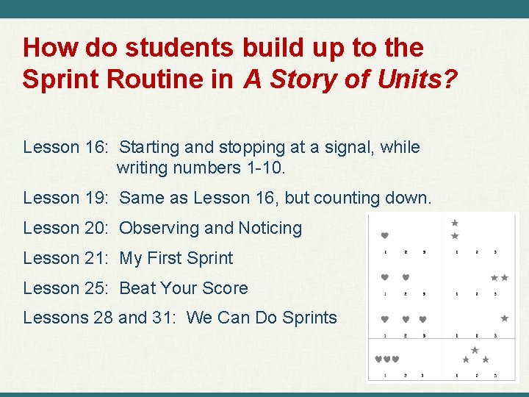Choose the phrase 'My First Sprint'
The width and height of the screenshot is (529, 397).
pyautogui.click(x=176, y=258)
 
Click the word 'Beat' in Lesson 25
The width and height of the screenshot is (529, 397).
pyautogui.click(x=138, y=288)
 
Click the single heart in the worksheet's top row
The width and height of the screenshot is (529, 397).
pyautogui.click(x=385, y=236)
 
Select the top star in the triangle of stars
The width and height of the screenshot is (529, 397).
pyautogui.click(x=475, y=350)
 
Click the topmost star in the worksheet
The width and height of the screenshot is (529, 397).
pyautogui.click(x=455, y=223)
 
